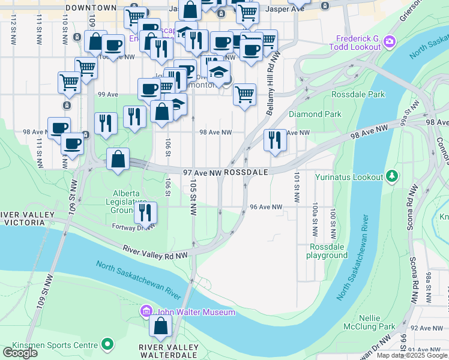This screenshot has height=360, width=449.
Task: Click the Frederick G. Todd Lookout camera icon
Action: [390, 41]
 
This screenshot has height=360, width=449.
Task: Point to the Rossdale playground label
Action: [328, 251]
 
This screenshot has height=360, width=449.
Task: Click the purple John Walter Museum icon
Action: [146, 311]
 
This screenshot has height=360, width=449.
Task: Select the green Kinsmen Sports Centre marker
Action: [107, 344]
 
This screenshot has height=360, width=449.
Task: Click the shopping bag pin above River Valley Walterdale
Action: [160, 326]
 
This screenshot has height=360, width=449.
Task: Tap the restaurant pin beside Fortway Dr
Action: [145, 212]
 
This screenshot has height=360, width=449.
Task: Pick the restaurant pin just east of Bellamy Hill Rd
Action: [275, 140]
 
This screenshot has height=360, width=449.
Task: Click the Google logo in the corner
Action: [19, 353]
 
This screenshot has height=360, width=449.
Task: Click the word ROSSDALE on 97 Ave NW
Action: [247, 172]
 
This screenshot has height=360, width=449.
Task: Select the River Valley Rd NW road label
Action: [156, 252]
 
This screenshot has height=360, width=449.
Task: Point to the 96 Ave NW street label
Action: [266, 207]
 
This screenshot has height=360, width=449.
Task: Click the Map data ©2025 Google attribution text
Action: [412, 355]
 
